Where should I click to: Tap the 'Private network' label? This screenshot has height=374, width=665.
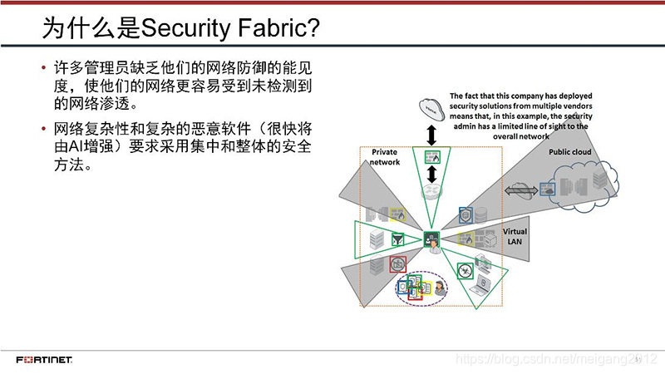(x=386, y=157)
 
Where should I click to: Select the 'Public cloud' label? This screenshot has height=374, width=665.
(x=569, y=152)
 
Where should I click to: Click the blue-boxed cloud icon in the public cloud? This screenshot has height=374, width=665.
(x=549, y=189)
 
